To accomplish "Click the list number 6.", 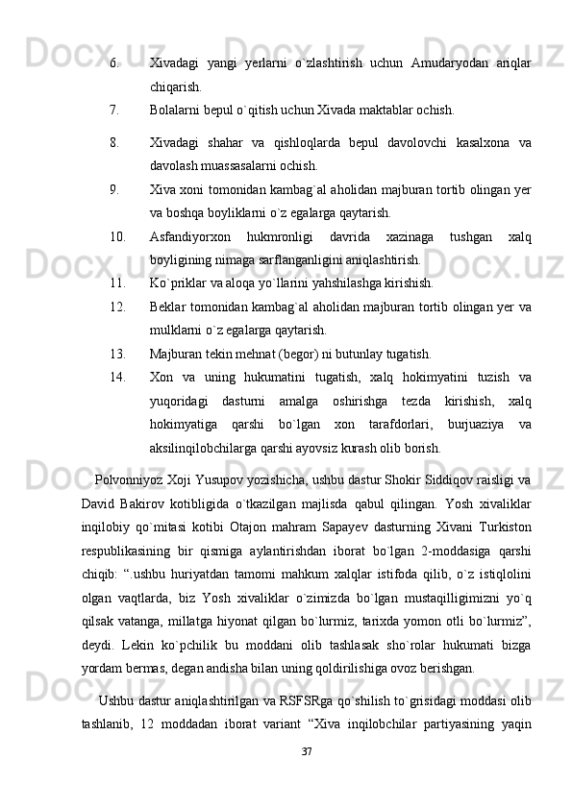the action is (x=114, y=63).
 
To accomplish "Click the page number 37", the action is (x=307, y=776).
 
